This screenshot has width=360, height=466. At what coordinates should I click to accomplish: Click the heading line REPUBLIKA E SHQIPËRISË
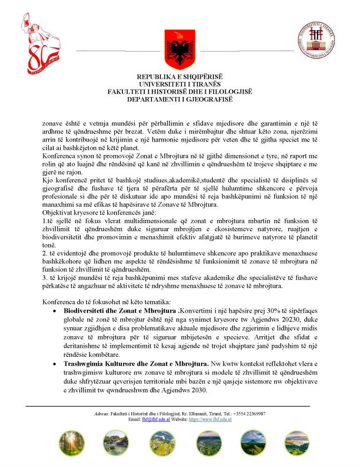point(180,77)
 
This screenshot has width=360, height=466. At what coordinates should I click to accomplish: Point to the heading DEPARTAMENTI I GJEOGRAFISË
point(180,99)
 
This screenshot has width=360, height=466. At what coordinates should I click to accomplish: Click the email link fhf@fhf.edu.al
point(150,420)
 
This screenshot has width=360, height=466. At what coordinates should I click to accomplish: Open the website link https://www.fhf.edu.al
point(210,420)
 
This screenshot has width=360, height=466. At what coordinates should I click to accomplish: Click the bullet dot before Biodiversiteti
point(55,311)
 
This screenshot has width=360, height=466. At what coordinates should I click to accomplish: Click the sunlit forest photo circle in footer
point(72,443)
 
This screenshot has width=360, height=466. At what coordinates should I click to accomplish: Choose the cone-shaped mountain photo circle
point(254,443)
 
